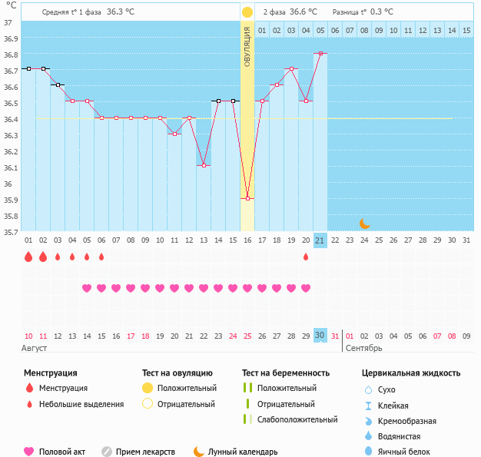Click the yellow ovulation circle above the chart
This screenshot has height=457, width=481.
(247, 12)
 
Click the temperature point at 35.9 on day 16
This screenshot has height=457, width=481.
(247, 199)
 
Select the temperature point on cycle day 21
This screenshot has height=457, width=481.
(320, 53)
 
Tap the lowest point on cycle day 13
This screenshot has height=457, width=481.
(204, 166)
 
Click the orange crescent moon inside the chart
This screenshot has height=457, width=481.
(365, 224)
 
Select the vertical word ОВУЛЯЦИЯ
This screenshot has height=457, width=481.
(247, 46)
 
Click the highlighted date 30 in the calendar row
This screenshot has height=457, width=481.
(320, 336)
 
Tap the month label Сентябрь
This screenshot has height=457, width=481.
(364, 349)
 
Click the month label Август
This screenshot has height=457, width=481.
(35, 349)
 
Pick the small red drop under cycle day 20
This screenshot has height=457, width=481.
(306, 257)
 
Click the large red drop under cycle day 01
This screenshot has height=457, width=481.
(28, 257)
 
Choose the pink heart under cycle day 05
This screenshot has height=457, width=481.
(87, 288)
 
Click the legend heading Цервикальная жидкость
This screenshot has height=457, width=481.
(411, 373)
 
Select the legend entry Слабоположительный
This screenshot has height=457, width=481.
(297, 419)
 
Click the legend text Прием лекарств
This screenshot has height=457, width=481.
(145, 452)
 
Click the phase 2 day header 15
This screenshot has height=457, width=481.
(466, 30)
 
